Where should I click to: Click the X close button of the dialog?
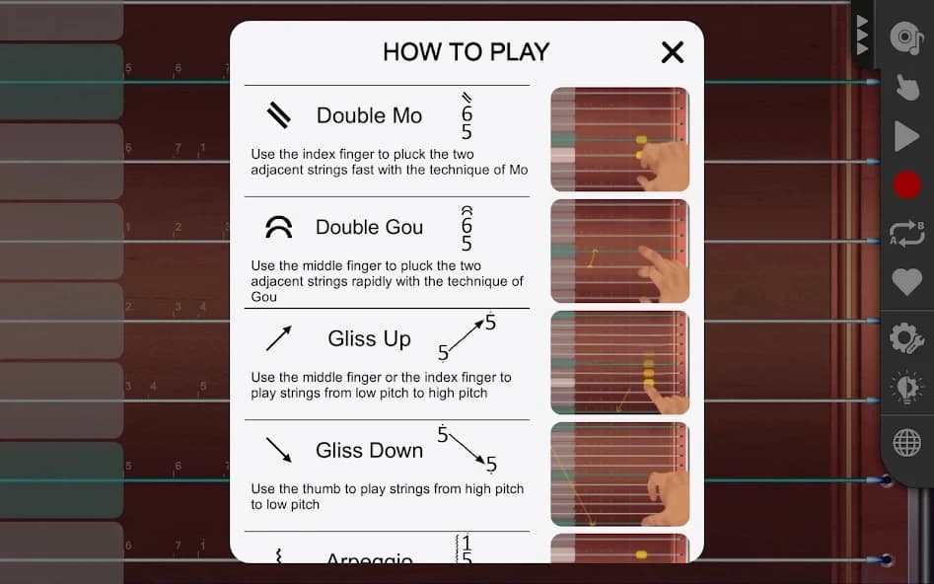click(x=673, y=52)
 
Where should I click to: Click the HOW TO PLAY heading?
click(x=466, y=52)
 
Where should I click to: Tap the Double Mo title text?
click(x=369, y=115)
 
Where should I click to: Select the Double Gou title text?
click(x=369, y=227)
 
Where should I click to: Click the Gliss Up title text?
click(x=369, y=338)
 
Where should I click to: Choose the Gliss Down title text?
click(x=369, y=450)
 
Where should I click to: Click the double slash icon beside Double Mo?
click(x=279, y=116)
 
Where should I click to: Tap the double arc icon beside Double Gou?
click(x=279, y=228)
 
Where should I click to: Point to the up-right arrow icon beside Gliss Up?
click(x=279, y=339)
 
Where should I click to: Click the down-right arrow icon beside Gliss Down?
click(x=279, y=451)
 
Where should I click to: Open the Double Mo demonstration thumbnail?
click(x=619, y=139)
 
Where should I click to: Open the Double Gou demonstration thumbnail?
click(x=619, y=251)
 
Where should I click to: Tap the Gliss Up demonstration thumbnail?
click(x=619, y=362)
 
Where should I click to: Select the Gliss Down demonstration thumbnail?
click(x=619, y=474)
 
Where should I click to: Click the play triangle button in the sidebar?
click(x=905, y=136)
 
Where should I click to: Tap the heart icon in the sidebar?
click(x=906, y=282)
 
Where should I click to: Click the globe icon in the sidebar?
click(x=906, y=443)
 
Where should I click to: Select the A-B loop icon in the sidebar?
click(x=906, y=234)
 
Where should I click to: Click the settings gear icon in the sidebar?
click(x=905, y=338)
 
